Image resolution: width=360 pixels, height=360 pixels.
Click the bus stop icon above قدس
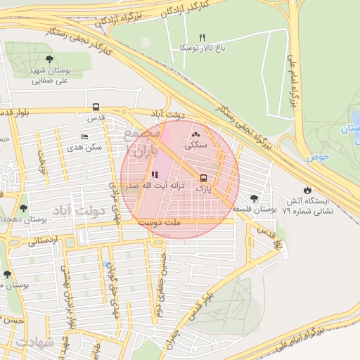coord(96,108)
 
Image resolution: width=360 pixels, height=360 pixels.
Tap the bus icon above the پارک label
coord(204,178)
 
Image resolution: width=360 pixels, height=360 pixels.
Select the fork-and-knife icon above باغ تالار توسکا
coord(202,37)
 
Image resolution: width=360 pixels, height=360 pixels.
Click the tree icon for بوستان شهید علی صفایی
coord(49,60)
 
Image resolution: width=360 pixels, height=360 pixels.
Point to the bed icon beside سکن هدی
coord(85,136)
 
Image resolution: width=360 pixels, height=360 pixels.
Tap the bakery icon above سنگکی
coord(195,134)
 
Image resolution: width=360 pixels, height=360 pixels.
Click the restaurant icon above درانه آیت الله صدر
coord(154,175)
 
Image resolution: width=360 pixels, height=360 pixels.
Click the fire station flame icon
coord(307,190)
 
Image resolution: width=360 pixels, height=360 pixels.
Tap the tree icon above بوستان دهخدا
coord(23,208)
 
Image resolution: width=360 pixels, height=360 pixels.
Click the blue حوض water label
coord(318,157)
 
